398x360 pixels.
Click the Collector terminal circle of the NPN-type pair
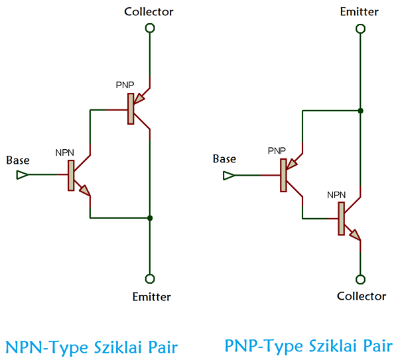pyautogui.click(x=150, y=28)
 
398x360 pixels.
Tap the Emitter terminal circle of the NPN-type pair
pyautogui.click(x=150, y=278)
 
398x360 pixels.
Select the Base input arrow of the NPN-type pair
pyautogui.click(x=22, y=175)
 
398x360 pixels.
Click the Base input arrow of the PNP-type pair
pyautogui.click(x=229, y=176)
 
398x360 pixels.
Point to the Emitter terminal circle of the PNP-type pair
pyautogui.click(x=360, y=29)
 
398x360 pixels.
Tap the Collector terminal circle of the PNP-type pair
pyautogui.click(x=360, y=279)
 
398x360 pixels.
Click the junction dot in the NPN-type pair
pyautogui.click(x=151, y=218)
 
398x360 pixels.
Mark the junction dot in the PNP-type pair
pyautogui.click(x=360, y=110)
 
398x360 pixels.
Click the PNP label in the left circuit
pyautogui.click(x=125, y=86)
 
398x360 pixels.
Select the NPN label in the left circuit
pyautogui.click(x=64, y=152)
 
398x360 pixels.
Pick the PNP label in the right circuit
pyautogui.click(x=277, y=151)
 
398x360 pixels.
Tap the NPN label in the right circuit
pyautogui.click(x=336, y=195)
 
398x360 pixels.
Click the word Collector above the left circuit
pyautogui.click(x=149, y=11)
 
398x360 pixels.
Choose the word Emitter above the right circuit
pyautogui.click(x=360, y=11)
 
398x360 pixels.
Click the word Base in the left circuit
pyautogui.click(x=18, y=160)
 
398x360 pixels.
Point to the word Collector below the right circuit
pyautogui.click(x=362, y=296)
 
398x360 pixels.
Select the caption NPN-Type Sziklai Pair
pyautogui.click(x=92, y=347)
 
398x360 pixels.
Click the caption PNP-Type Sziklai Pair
pyautogui.click(x=308, y=346)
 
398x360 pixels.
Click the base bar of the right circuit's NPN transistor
pyautogui.click(x=342, y=219)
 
